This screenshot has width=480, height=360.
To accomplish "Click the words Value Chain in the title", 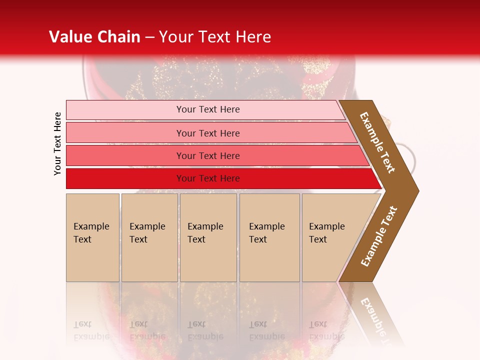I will (x=94, y=37).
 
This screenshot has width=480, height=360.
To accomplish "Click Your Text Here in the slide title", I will (x=215, y=37).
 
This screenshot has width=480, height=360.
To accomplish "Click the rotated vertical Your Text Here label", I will (x=58, y=143).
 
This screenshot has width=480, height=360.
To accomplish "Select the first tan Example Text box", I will (x=92, y=237).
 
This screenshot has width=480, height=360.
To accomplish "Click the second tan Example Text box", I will (x=149, y=237).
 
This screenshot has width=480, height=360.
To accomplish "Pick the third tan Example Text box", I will (x=208, y=237).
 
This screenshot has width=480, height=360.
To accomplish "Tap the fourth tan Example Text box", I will (x=269, y=237).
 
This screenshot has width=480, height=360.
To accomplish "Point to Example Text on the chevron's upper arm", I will (x=378, y=142).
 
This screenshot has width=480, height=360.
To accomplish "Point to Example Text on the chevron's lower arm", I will (x=379, y=236).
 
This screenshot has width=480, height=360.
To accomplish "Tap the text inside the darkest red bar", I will (x=208, y=178).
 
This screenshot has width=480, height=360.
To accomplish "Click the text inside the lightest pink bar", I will (x=208, y=109).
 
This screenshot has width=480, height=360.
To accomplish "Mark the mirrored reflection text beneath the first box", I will (x=91, y=330).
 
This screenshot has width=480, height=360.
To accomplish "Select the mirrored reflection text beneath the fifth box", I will (x=327, y=330).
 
